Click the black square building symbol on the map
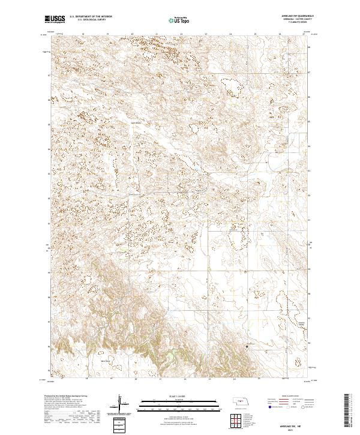coord(247,346)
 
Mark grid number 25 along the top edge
coord(255,34)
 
